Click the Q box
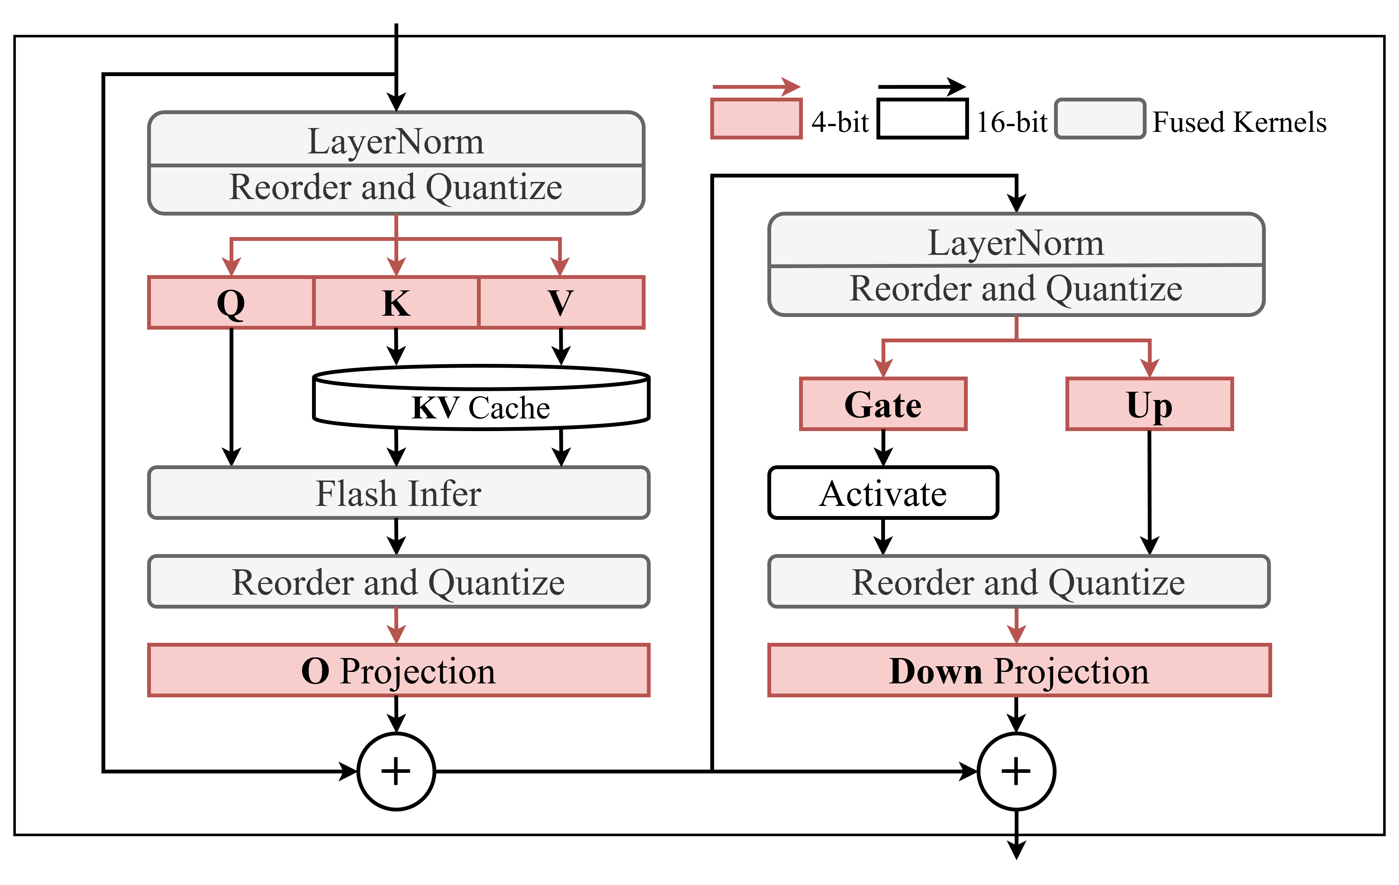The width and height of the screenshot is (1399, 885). pyautogui.click(x=231, y=302)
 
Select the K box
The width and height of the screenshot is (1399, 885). pyautogui.click(x=396, y=302)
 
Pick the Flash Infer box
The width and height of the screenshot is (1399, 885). pyautogui.click(x=399, y=493)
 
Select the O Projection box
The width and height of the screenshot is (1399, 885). pyautogui.click(x=399, y=670)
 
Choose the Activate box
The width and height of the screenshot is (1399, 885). pyautogui.click(x=883, y=493)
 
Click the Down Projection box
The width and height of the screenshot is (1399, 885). pyautogui.click(x=1020, y=670)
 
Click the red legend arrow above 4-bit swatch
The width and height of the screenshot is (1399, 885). pyautogui.click(x=757, y=87)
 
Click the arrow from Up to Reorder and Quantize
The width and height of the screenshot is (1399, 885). pyautogui.click(x=1149, y=493)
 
